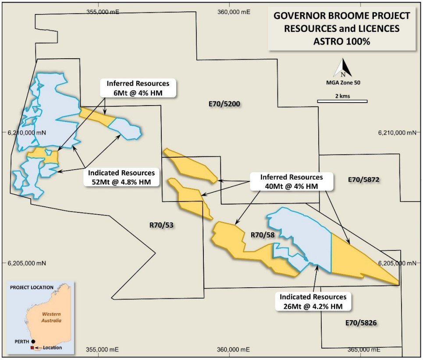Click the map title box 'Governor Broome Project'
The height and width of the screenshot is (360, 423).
click(x=342, y=28)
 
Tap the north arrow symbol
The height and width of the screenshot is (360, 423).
click(x=343, y=68)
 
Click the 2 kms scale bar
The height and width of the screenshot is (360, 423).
click(x=342, y=102)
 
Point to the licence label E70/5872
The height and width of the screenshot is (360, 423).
click(x=363, y=180)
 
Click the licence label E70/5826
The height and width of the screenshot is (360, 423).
click(x=361, y=323)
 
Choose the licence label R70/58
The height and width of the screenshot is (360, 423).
click(x=262, y=235)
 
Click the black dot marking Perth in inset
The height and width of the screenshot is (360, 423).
click(x=33, y=341)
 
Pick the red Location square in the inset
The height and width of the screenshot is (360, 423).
click(x=32, y=348)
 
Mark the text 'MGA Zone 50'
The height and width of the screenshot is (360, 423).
click(x=343, y=82)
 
